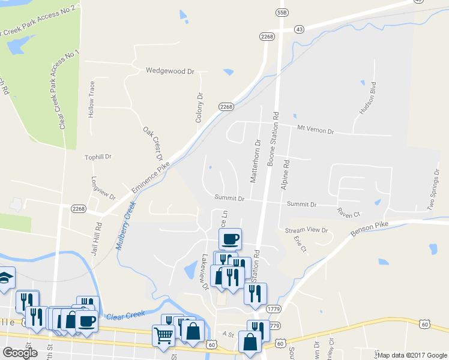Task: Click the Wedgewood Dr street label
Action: click(x=170, y=71)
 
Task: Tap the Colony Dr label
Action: click(x=200, y=107)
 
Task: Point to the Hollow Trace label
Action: click(x=92, y=99)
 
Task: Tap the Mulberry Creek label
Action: click(x=127, y=224)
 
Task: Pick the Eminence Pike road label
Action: click(x=148, y=184)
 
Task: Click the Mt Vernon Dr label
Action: click(x=315, y=129)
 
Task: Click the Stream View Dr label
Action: click(x=307, y=230)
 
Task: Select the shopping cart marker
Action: click(x=164, y=337)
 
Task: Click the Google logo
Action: click(x=20, y=353)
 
